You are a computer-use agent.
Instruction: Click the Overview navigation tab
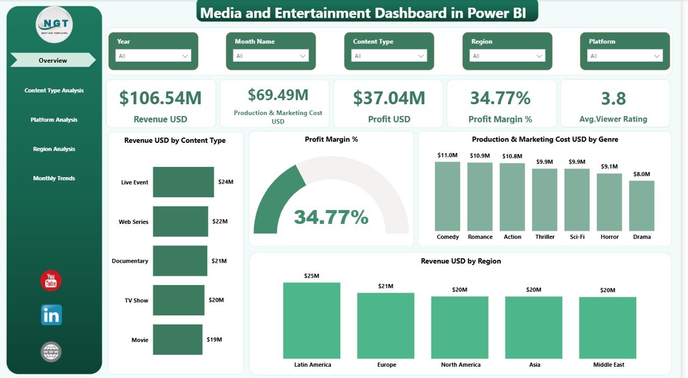click(x=53, y=61)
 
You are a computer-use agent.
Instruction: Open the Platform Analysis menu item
click(x=54, y=120)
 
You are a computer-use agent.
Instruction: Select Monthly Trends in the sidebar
click(x=54, y=178)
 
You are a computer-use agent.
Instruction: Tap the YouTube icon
click(x=51, y=281)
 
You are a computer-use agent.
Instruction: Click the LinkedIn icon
click(x=52, y=315)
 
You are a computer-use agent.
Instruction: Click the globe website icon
click(x=51, y=352)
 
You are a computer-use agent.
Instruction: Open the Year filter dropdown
click(x=153, y=56)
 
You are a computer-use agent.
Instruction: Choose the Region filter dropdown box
click(x=507, y=56)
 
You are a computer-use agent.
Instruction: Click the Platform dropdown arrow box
click(x=625, y=56)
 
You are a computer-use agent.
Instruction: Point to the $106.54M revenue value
click(x=160, y=98)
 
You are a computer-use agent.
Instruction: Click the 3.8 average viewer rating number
click(x=613, y=98)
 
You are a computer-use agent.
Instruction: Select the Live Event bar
click(x=183, y=182)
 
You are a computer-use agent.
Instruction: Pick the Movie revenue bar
click(x=177, y=339)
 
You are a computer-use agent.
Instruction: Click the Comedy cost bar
click(x=447, y=197)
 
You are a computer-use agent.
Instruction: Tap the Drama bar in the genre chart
click(x=642, y=206)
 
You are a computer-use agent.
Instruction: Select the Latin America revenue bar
click(x=312, y=321)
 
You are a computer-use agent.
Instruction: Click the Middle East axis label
click(x=608, y=365)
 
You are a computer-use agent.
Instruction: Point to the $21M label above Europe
click(x=386, y=286)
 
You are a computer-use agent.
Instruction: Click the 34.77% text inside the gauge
click(x=331, y=217)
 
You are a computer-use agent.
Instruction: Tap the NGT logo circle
click(x=54, y=24)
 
